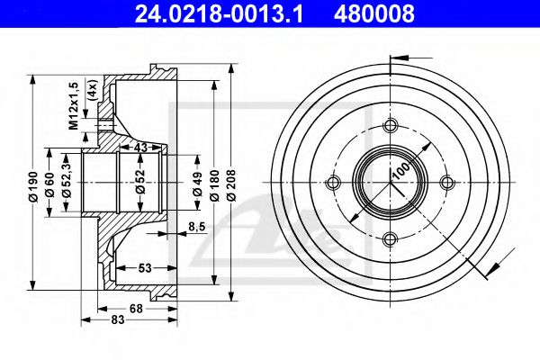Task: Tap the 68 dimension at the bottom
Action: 135,310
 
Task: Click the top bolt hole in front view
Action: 391,126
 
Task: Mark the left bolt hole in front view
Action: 334,184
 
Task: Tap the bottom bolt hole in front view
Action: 391,239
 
